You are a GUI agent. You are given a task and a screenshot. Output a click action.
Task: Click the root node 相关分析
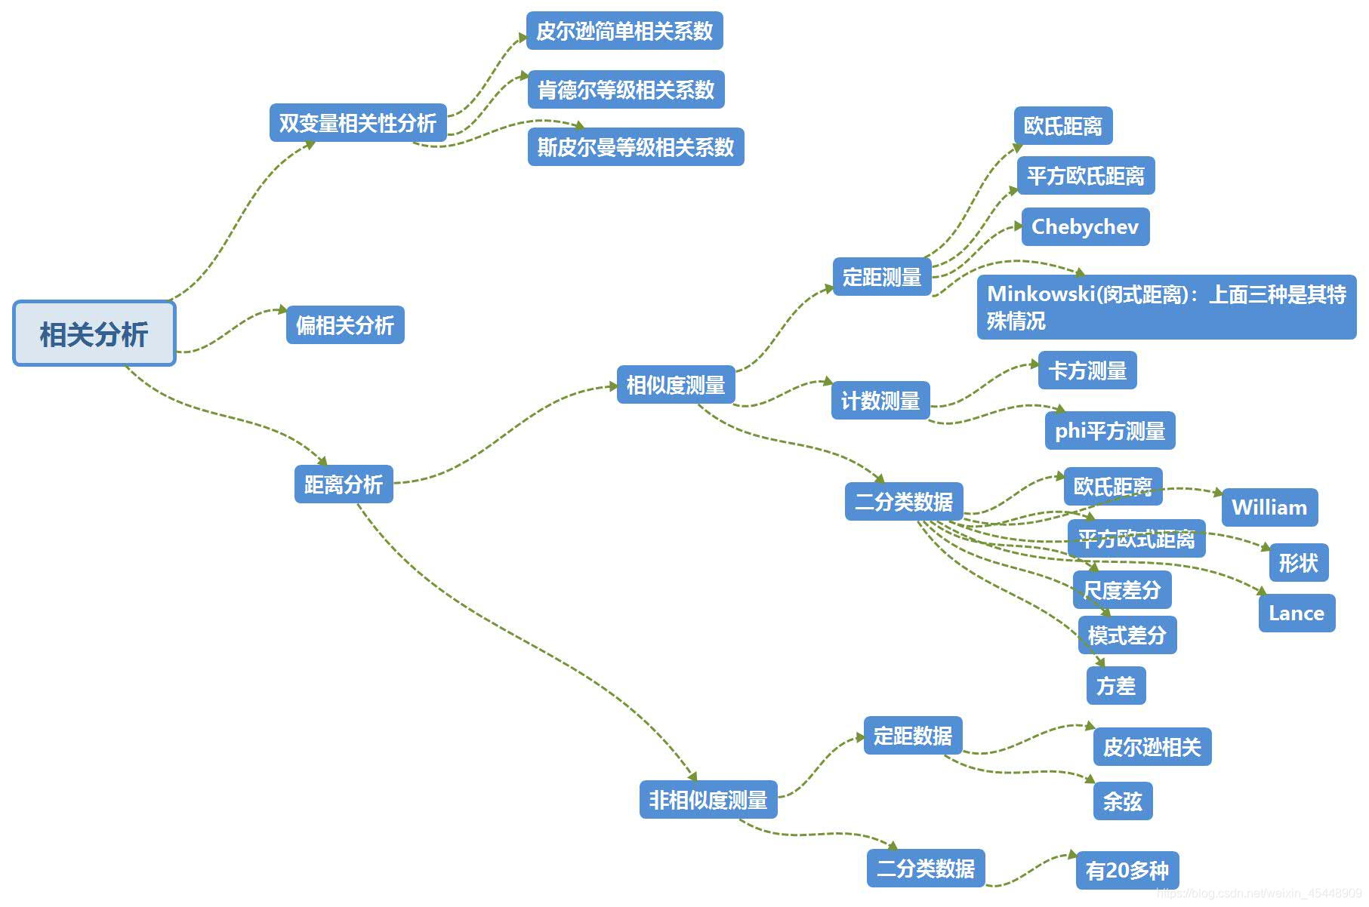(94, 334)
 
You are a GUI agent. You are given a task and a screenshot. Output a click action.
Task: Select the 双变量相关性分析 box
(358, 123)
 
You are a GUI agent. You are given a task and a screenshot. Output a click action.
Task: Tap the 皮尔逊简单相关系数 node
(624, 31)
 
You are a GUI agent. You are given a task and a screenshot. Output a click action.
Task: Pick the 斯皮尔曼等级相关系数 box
(636, 147)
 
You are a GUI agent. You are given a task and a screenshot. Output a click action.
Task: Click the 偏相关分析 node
(345, 325)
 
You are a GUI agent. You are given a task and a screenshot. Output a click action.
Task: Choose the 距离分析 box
(344, 484)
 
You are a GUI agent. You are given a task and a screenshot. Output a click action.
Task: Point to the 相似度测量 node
(676, 386)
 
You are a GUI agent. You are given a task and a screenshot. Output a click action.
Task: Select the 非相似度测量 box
(708, 800)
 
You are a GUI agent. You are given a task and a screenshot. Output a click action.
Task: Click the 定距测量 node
(882, 277)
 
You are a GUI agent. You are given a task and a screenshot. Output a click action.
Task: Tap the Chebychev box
(1085, 227)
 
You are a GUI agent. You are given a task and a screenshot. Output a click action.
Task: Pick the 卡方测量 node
(1087, 370)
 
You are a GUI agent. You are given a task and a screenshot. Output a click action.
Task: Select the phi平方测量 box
(1110, 431)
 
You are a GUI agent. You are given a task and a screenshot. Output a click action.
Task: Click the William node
(1269, 508)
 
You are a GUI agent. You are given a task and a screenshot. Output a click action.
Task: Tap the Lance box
(1297, 613)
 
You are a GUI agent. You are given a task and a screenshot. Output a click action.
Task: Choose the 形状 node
(1299, 563)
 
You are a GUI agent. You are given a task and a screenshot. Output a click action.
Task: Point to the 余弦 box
(1123, 801)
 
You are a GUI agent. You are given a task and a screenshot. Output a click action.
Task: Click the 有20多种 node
(1127, 871)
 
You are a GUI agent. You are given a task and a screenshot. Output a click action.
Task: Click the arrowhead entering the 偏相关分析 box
(282, 309)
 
